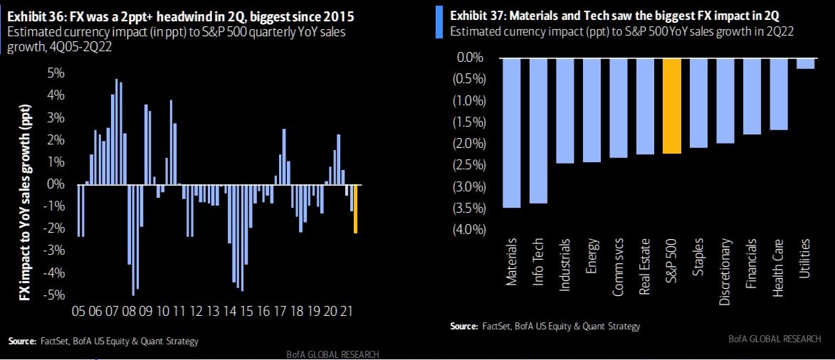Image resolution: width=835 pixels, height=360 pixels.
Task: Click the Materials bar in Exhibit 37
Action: click(x=511, y=133)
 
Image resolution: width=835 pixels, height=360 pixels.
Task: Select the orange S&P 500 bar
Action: click(x=672, y=106)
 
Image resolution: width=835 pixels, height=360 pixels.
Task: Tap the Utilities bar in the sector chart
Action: click(x=805, y=63)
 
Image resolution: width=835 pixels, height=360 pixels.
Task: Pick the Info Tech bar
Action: click(x=538, y=131)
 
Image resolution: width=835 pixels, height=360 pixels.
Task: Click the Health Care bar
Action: click(x=779, y=94)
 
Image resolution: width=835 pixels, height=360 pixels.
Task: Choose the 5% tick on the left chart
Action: click(x=56, y=73)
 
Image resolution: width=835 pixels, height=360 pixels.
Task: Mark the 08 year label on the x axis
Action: click(x=128, y=312)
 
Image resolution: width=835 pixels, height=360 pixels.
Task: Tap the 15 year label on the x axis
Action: click(x=246, y=312)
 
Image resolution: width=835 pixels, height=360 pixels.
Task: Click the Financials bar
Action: click(x=752, y=96)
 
